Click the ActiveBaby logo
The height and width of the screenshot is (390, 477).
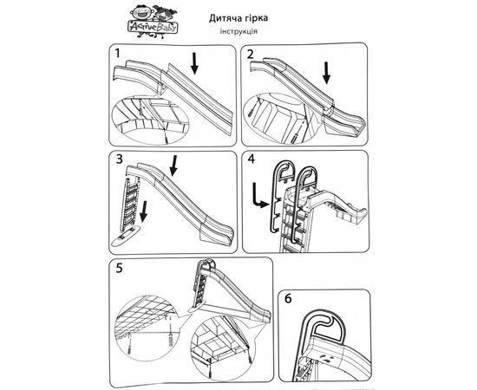(x=154, y=22)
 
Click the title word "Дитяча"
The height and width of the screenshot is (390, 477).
(x=223, y=18)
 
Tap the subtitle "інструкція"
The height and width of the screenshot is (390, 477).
(x=238, y=31)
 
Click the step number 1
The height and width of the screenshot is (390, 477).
(x=118, y=54)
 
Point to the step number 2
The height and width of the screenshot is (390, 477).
(x=250, y=54)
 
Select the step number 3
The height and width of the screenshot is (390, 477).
(x=119, y=159)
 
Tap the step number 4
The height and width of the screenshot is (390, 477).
(x=252, y=159)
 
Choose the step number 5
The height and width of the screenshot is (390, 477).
(x=119, y=268)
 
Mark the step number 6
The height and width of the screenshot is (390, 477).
(x=288, y=298)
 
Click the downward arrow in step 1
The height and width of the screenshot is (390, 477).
(x=194, y=63)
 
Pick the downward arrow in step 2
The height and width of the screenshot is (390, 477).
(x=326, y=73)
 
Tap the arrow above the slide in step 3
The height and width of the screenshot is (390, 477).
(x=173, y=166)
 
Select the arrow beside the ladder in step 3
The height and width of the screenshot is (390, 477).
(x=144, y=211)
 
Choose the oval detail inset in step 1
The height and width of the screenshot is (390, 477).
(x=150, y=120)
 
